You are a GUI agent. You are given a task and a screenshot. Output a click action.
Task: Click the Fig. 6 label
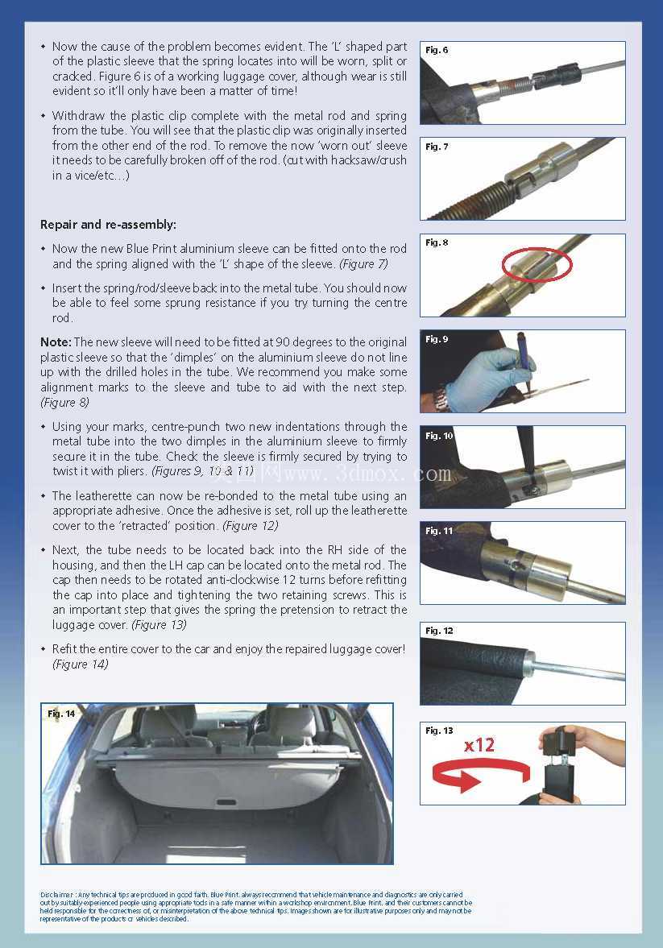pos(436,50)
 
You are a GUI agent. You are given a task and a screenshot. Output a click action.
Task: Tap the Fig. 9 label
pos(436,339)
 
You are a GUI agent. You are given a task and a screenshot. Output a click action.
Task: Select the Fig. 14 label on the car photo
pos(61,714)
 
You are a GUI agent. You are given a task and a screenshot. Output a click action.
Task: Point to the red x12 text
pos(479,744)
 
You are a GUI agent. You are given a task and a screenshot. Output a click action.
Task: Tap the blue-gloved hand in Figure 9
pos(484,375)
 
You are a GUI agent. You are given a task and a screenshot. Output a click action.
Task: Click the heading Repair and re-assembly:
pos(108,224)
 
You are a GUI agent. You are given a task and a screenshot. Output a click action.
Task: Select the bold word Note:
pos(56,342)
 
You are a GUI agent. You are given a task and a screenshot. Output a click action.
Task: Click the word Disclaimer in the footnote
pos(57,894)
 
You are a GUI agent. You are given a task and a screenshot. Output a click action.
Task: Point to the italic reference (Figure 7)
pos(363,263)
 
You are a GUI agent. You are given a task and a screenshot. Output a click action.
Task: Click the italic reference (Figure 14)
pos(81,664)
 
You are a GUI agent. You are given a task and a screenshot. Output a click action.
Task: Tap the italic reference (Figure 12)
pos(251,525)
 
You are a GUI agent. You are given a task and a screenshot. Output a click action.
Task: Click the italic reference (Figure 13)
pos(159,624)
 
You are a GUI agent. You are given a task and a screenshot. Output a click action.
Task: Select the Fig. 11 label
pos(438,531)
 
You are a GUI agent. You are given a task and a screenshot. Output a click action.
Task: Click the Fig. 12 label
pos(438,631)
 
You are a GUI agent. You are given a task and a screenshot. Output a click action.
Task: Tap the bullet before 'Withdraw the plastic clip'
pos(43,115)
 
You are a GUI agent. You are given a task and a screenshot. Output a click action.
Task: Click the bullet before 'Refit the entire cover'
pos(43,648)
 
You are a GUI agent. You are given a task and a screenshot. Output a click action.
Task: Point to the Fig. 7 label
pos(436,147)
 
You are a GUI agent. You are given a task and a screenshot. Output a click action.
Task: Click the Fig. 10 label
pos(438,435)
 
